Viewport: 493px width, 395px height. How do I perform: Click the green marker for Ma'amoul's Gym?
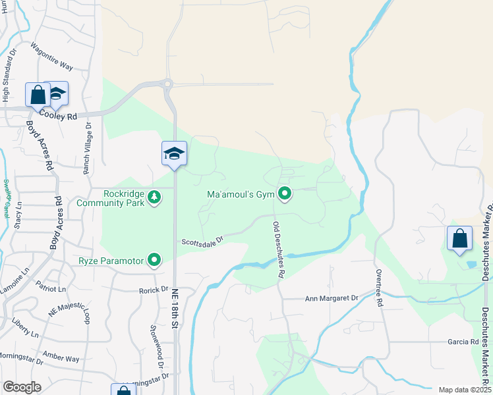[x=285, y=194]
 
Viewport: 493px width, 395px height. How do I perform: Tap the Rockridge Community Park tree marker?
[x=154, y=197]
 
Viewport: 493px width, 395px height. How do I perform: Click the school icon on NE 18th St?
[x=175, y=154]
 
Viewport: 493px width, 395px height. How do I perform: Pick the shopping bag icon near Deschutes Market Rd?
[x=459, y=239]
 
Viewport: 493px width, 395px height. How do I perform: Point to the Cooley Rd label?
[x=58, y=115]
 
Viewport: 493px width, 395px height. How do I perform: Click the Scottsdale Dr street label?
[x=204, y=240]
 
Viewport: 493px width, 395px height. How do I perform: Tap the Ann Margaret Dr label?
[x=331, y=298]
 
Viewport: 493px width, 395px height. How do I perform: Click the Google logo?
[x=22, y=387]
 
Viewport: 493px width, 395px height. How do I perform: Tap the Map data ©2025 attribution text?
[x=464, y=390]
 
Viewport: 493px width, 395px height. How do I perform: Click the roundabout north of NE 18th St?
[x=167, y=84]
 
